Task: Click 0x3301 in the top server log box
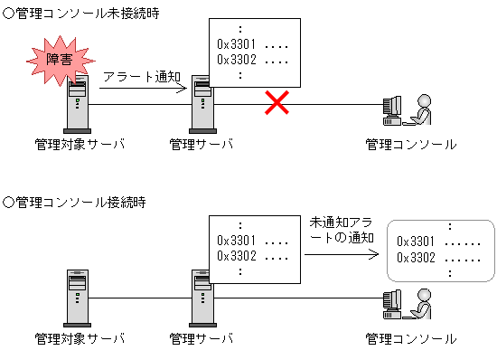coord(236,43)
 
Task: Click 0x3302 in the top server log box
coord(236,59)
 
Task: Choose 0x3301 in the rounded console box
coord(417,242)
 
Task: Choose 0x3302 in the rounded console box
coord(417,257)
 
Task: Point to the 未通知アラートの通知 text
coord(340,229)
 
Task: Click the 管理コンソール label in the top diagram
coord(411,144)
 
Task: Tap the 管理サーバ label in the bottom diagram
coord(202,338)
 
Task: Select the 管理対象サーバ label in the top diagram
coord(79,144)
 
